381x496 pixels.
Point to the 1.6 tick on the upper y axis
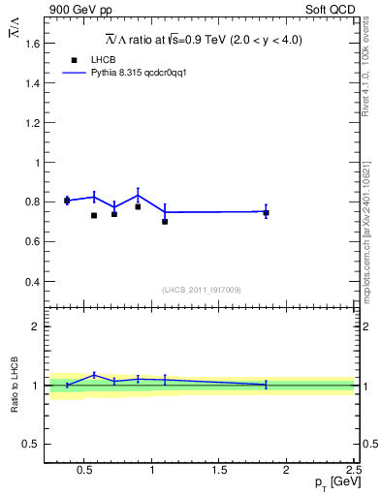(x=31, y=44)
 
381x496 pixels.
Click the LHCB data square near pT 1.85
(x=266, y=212)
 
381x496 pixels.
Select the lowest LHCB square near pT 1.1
(x=165, y=222)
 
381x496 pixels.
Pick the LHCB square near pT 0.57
(x=94, y=215)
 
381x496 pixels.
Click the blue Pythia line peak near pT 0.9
(x=138, y=194)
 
